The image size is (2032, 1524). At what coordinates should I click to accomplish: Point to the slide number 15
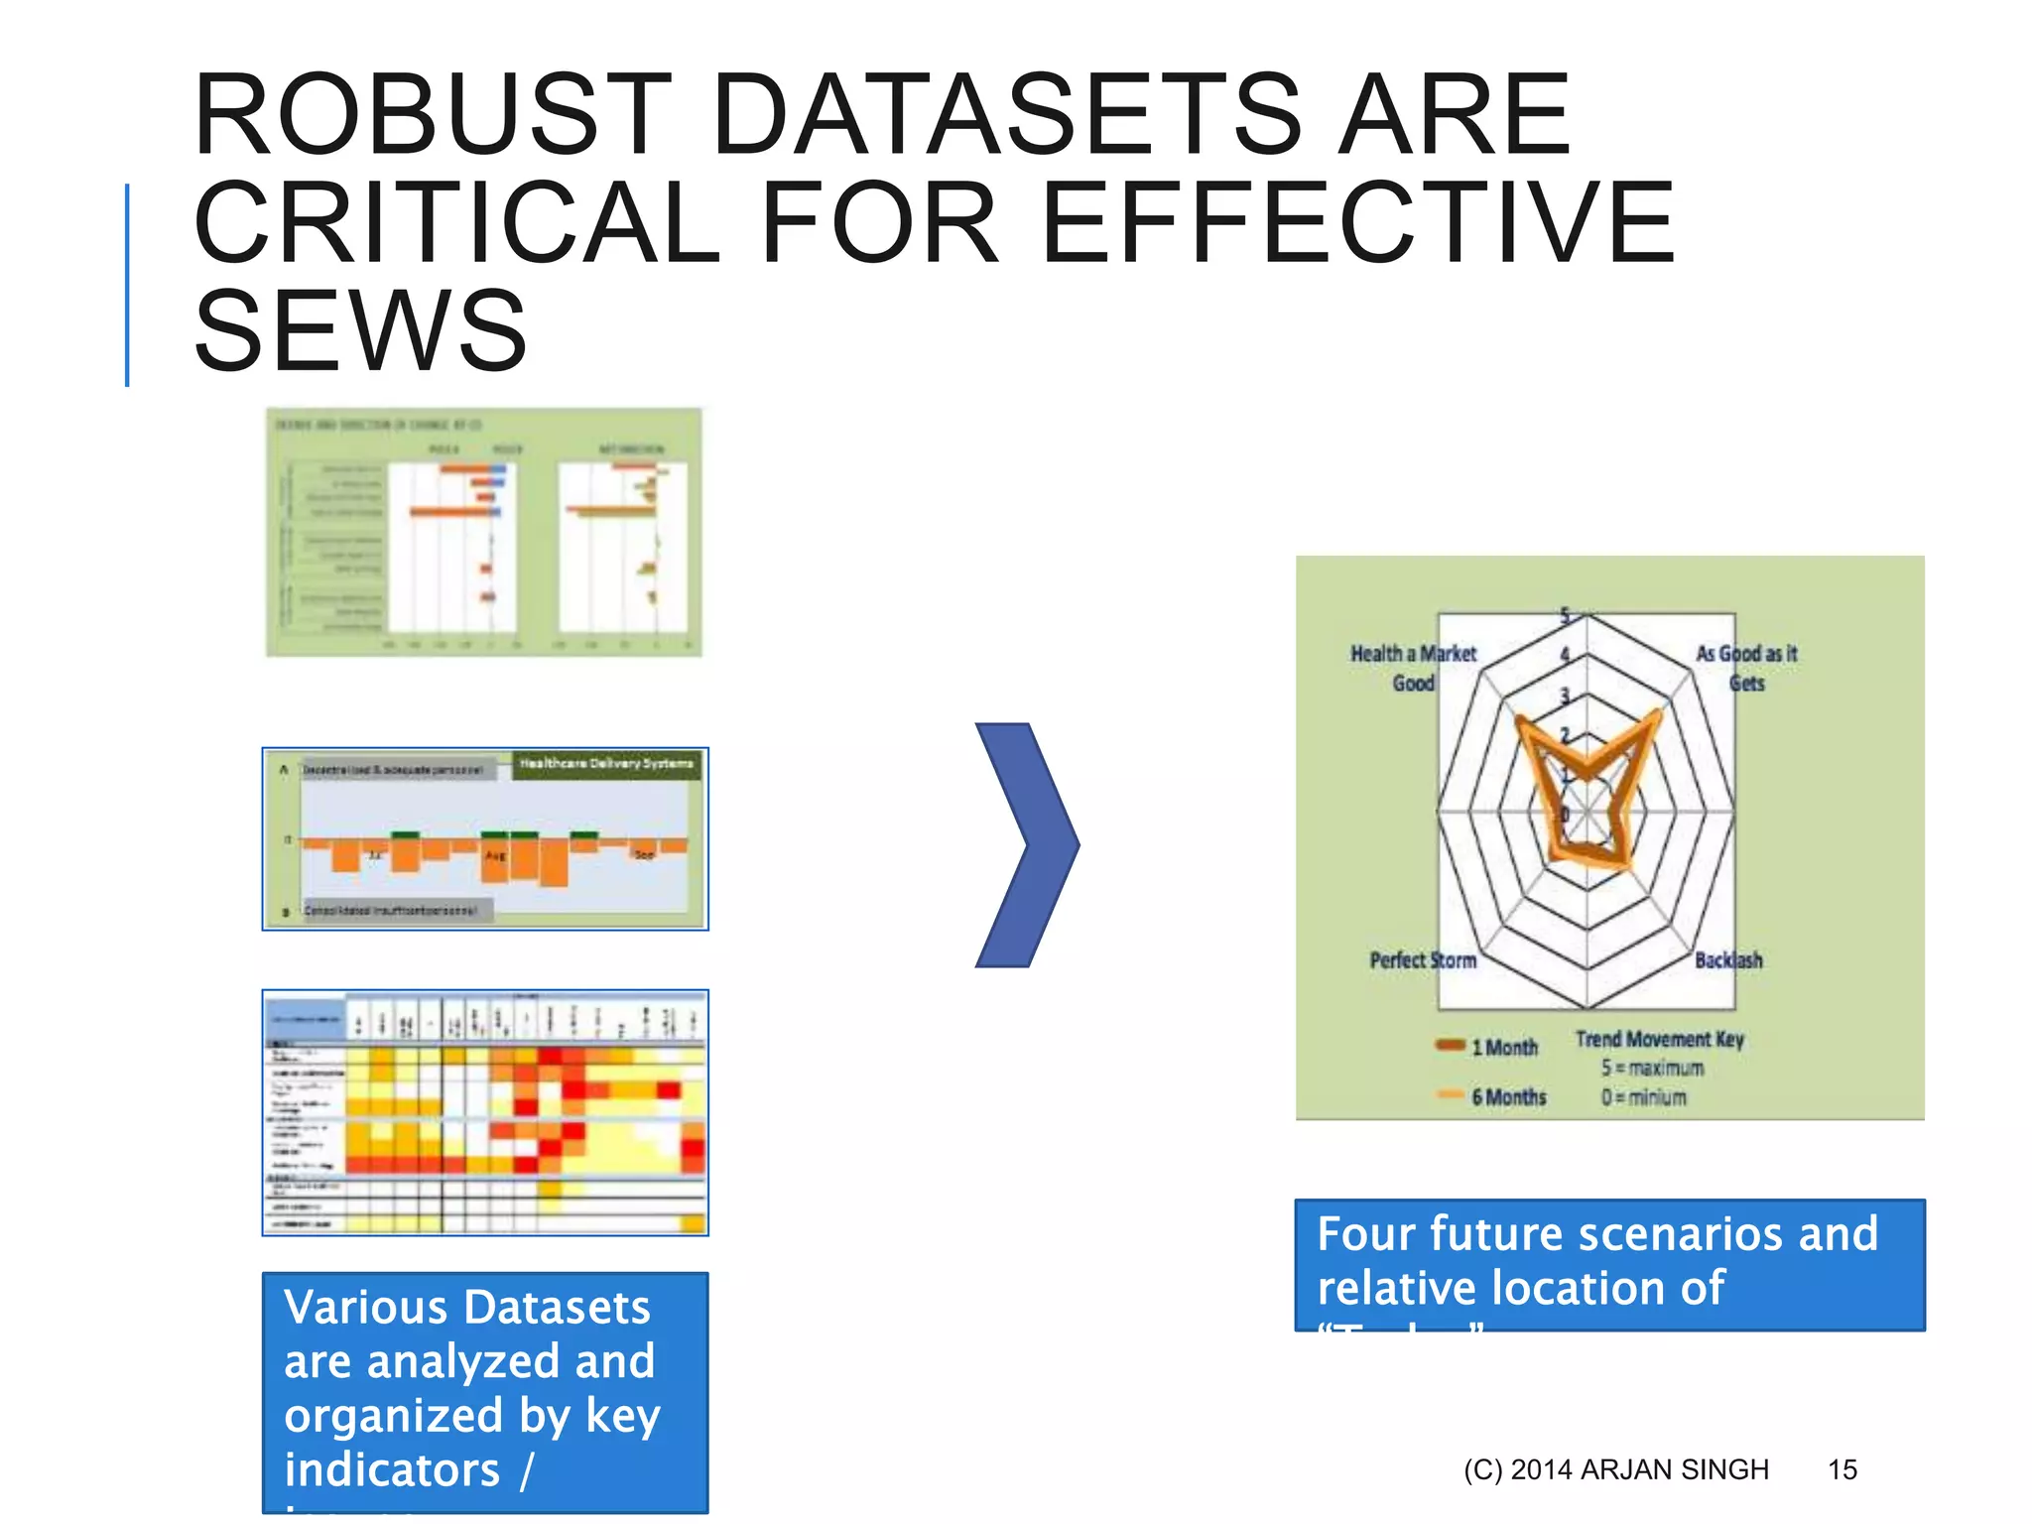(1841, 1469)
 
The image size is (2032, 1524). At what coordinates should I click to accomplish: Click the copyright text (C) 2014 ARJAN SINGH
(1615, 1469)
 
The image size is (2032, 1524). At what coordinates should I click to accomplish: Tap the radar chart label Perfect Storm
(1422, 960)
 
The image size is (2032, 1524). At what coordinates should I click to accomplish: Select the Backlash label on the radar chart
(1728, 960)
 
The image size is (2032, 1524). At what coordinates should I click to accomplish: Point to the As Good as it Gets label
(1746, 668)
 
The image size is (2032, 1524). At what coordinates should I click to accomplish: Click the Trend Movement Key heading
(1659, 1039)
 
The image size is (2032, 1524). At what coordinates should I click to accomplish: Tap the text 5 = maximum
(1651, 1069)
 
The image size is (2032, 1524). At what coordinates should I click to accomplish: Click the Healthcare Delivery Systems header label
(606, 764)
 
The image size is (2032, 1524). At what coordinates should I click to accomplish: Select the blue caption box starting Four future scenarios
(1609, 1264)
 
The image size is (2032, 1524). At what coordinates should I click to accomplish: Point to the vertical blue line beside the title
(127, 285)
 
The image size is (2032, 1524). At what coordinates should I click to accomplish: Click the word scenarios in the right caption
(1681, 1234)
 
